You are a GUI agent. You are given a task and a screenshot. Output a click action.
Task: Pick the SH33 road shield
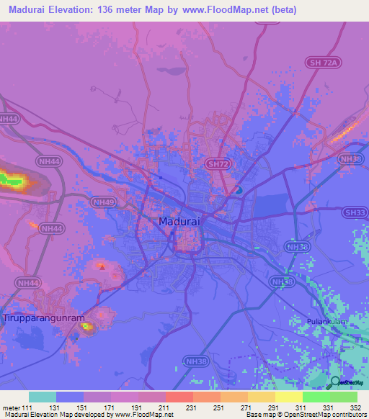pos(355,212)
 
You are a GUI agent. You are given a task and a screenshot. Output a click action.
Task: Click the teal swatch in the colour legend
pos(43,397)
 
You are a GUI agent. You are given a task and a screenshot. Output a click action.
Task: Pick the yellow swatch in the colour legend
pos(289,397)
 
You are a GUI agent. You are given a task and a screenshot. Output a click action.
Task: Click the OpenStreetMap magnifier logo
pos(334,382)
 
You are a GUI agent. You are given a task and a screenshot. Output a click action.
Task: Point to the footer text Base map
pos(257,415)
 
